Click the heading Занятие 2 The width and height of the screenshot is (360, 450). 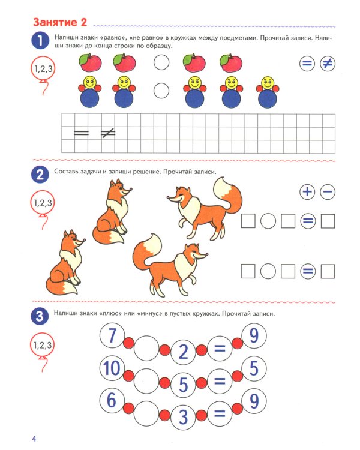pyautogui.click(x=59, y=23)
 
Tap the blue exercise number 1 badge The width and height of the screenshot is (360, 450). pyautogui.click(x=40, y=41)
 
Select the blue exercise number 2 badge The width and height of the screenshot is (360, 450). pyautogui.click(x=40, y=175)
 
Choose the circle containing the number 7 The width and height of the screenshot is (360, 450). pyautogui.click(x=112, y=337)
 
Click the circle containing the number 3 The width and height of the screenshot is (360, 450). pyautogui.click(x=182, y=415)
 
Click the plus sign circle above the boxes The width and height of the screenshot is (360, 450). pyautogui.click(x=307, y=192)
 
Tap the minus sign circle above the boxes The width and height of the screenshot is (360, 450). pyautogui.click(x=328, y=192)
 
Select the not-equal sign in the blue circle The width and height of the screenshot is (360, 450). pyautogui.click(x=328, y=64)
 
